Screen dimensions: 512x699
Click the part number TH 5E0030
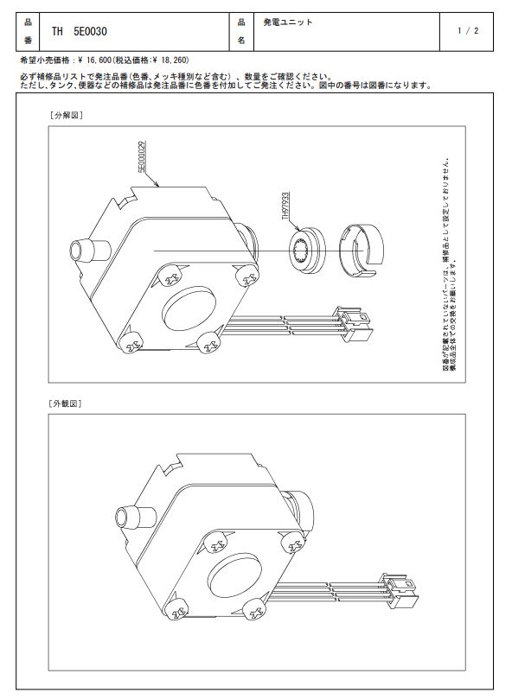tap(79, 32)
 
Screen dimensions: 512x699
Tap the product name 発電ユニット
tap(287, 22)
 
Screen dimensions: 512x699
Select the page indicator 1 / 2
tap(467, 31)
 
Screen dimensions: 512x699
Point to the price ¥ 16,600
tap(93, 60)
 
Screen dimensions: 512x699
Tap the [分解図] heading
tap(66, 115)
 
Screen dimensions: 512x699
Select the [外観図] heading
tap(65, 404)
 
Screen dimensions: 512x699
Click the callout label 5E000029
tap(143, 156)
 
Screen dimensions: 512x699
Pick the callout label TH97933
tap(285, 207)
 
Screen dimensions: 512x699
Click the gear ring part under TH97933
tap(307, 250)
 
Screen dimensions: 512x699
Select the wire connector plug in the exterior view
tap(400, 590)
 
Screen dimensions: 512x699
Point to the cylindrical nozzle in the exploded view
tap(90, 251)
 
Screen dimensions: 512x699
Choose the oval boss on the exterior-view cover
tap(234, 576)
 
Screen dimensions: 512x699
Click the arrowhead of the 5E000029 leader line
tap(157, 184)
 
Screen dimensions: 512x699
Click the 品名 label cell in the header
tap(241, 31)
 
